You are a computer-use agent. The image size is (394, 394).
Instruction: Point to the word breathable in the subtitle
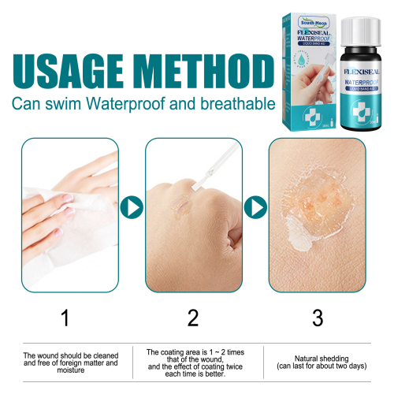point(240,103)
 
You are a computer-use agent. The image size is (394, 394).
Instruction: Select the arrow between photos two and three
point(254,208)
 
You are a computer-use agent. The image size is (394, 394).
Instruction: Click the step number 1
point(65,318)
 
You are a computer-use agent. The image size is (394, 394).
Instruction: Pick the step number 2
point(192,318)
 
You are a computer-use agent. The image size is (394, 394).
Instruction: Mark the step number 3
point(318,318)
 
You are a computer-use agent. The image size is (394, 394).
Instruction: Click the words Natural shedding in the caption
point(318,357)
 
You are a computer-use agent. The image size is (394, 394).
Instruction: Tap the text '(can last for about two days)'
point(318,366)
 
